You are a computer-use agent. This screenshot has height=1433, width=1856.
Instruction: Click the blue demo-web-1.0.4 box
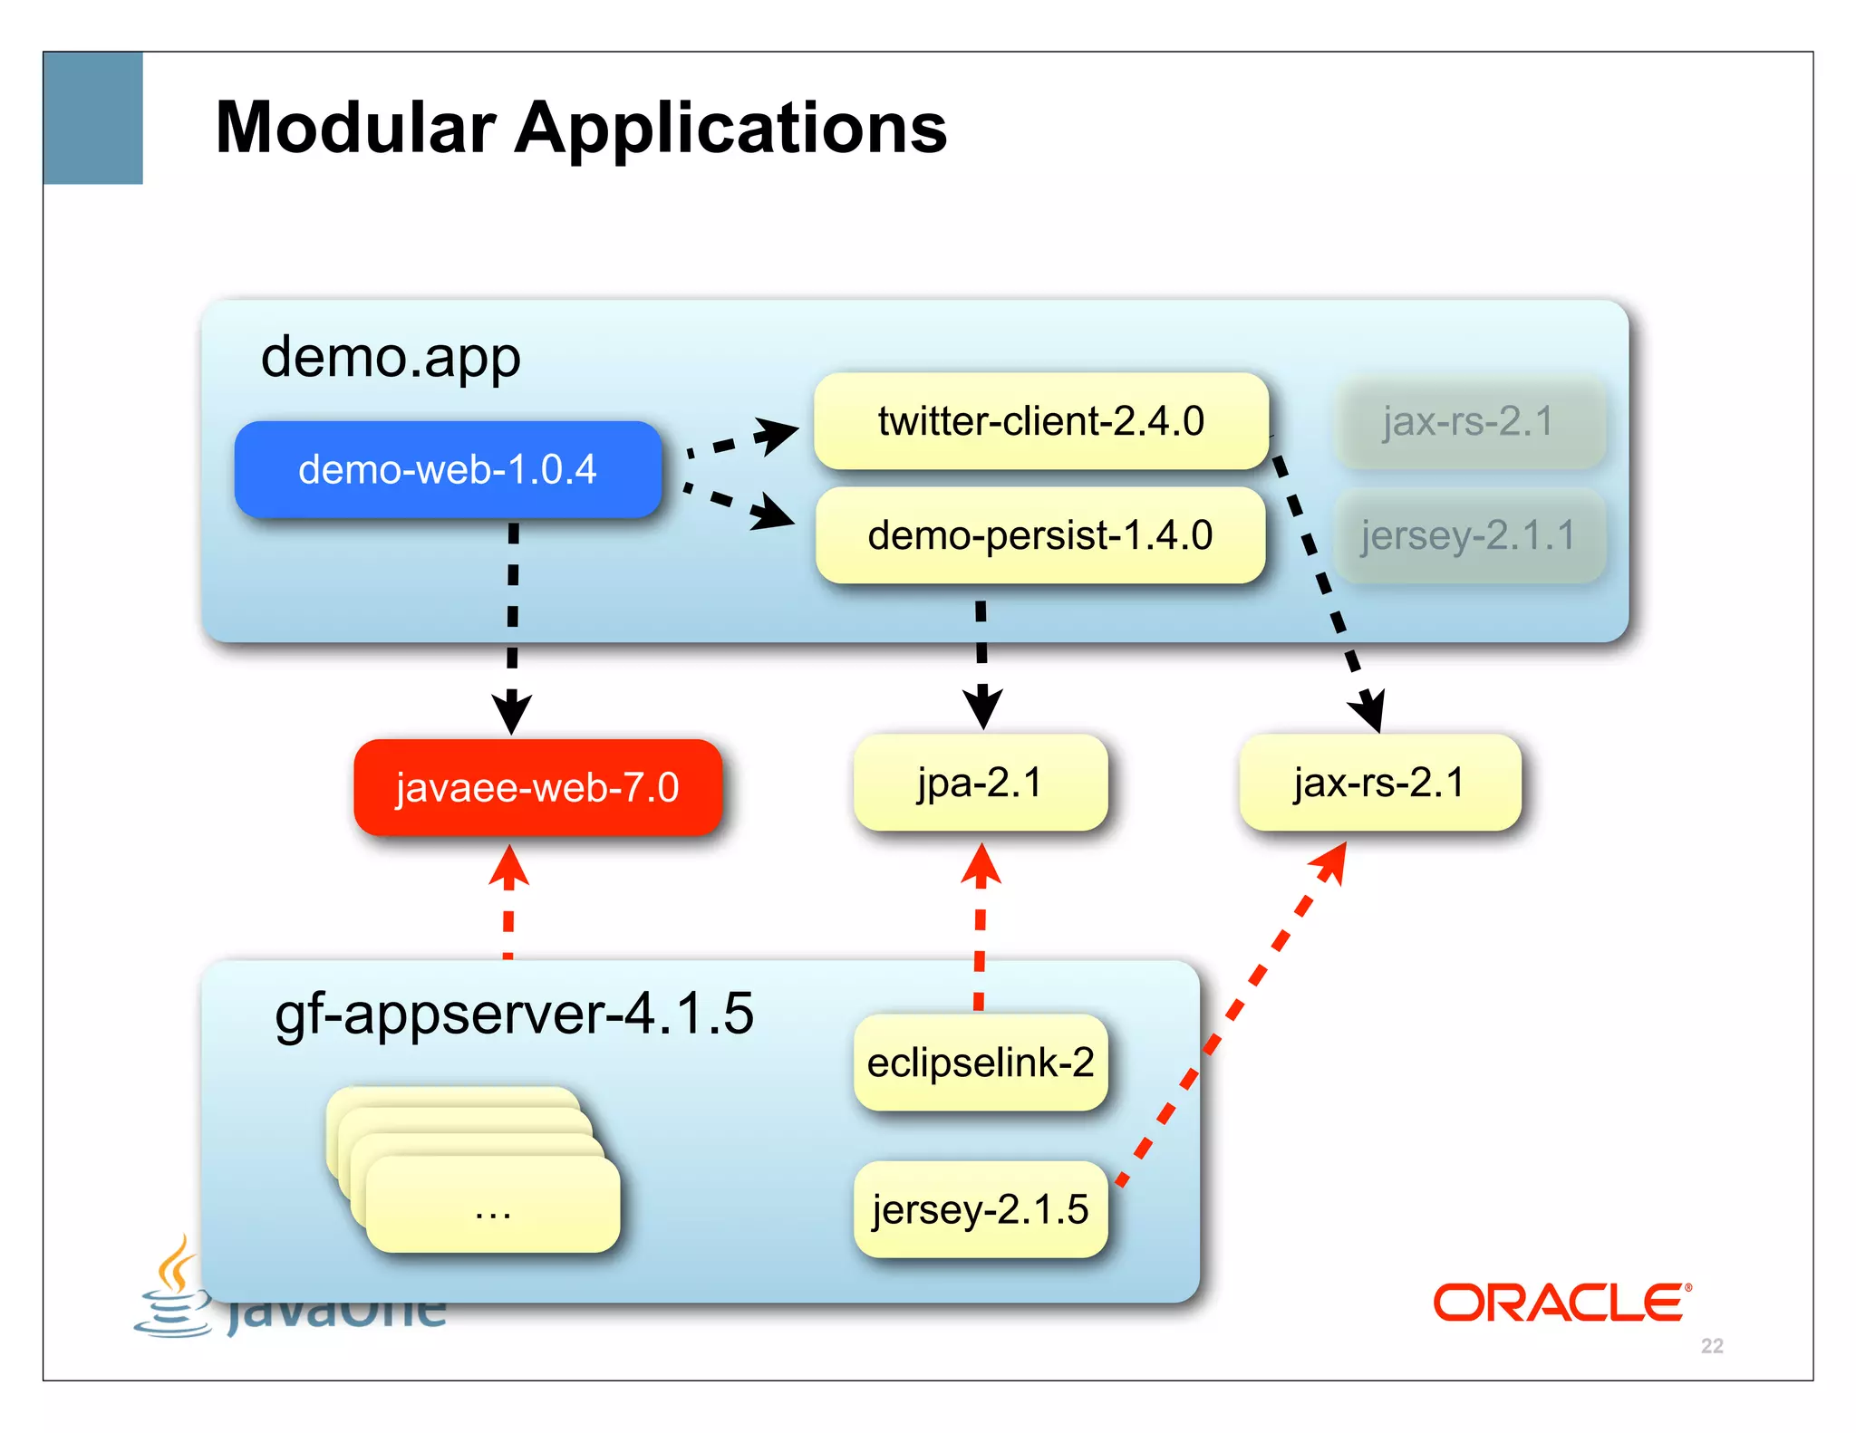tap(448, 469)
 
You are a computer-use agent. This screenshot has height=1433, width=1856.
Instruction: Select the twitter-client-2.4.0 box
tap(1040, 421)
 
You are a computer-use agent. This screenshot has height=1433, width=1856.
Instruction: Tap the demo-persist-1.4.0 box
tap(1039, 535)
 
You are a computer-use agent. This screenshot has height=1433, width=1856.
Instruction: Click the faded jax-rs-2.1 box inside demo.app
tap(1469, 422)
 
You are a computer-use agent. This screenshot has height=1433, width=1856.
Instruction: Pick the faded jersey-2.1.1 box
tap(1469, 535)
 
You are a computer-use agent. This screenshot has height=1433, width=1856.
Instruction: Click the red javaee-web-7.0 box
tap(537, 787)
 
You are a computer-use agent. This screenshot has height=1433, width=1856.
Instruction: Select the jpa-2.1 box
tap(981, 783)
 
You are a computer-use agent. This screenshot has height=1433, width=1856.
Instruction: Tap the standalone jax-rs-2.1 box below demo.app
tap(1379, 783)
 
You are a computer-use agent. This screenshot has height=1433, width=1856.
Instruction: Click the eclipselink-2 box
tap(981, 1063)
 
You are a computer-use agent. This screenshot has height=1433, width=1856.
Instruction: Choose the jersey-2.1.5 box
tap(981, 1209)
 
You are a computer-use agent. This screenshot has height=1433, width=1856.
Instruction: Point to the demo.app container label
tap(391, 358)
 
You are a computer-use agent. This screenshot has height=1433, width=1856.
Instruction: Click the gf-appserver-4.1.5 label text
tap(514, 1014)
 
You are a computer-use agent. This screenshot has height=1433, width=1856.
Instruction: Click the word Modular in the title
tap(355, 128)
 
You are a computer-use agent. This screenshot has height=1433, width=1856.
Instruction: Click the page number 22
tap(1712, 1346)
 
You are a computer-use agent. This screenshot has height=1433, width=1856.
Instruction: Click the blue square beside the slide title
tap(93, 118)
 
